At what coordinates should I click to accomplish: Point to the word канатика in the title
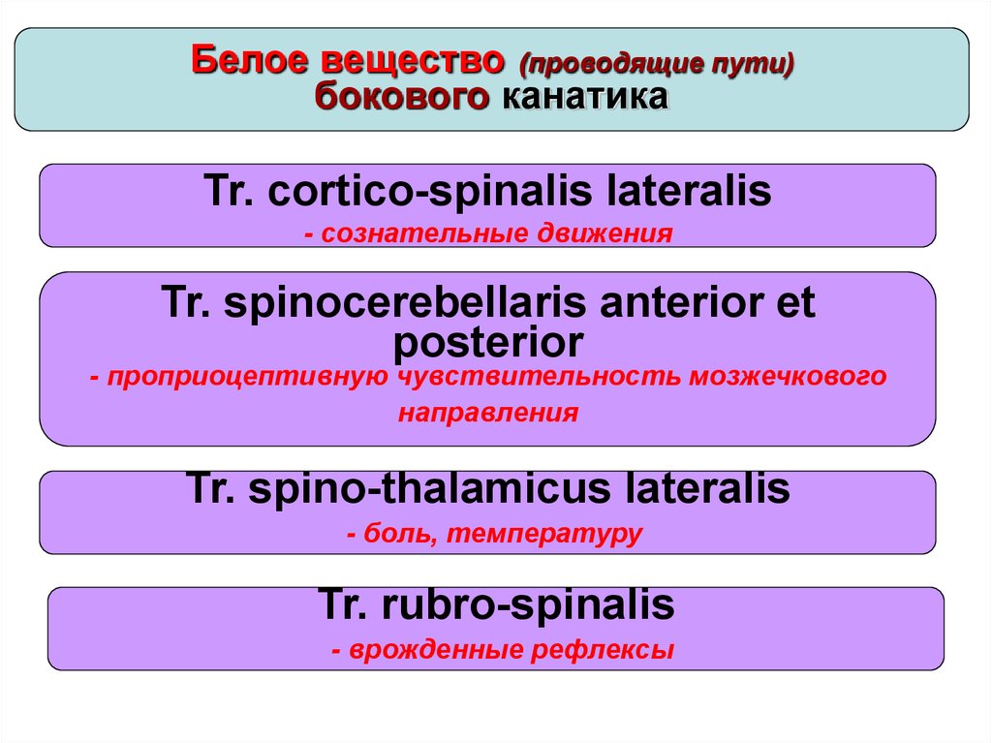click(586, 97)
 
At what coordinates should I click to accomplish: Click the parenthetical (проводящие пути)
click(657, 64)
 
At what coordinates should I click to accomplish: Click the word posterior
click(488, 342)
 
